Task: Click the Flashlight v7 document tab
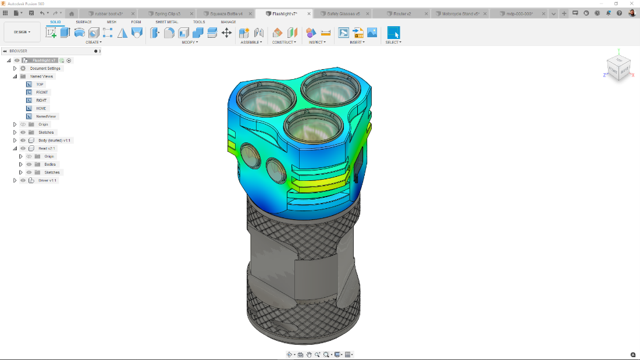click(285, 13)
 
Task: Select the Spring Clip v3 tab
click(167, 13)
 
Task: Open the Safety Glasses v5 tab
click(343, 13)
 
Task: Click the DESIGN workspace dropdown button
click(22, 32)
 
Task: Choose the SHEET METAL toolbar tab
click(166, 22)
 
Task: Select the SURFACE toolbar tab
click(84, 22)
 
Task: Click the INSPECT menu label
click(317, 42)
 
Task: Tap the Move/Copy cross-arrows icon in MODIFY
click(227, 33)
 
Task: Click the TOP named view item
click(40, 84)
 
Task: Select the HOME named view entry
click(41, 108)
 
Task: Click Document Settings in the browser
click(45, 68)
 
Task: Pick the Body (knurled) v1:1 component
click(55, 140)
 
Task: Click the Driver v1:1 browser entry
click(47, 180)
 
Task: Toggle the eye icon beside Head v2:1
click(23, 148)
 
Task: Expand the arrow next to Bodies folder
click(20, 164)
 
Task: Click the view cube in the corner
click(618, 66)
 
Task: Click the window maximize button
click(616, 3)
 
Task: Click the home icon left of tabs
click(72, 13)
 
